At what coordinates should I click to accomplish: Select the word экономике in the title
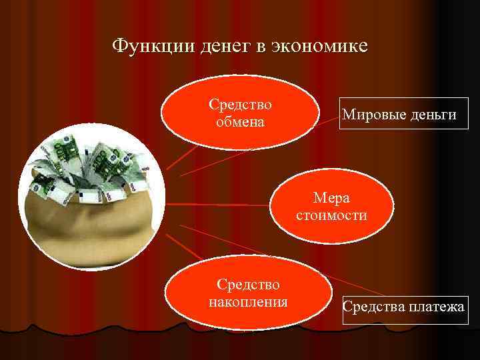(x=321, y=46)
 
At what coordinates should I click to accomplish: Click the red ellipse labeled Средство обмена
(x=239, y=113)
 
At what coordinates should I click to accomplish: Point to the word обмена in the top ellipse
(x=240, y=122)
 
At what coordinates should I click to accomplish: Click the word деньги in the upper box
(x=433, y=115)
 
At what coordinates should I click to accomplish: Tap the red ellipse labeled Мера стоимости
(x=332, y=205)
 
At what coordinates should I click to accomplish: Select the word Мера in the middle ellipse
(x=332, y=199)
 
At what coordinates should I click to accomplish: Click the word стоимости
(x=332, y=215)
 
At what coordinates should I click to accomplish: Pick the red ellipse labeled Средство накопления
(x=249, y=293)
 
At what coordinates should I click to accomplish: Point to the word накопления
(x=249, y=302)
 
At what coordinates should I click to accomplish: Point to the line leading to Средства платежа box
(x=280, y=260)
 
